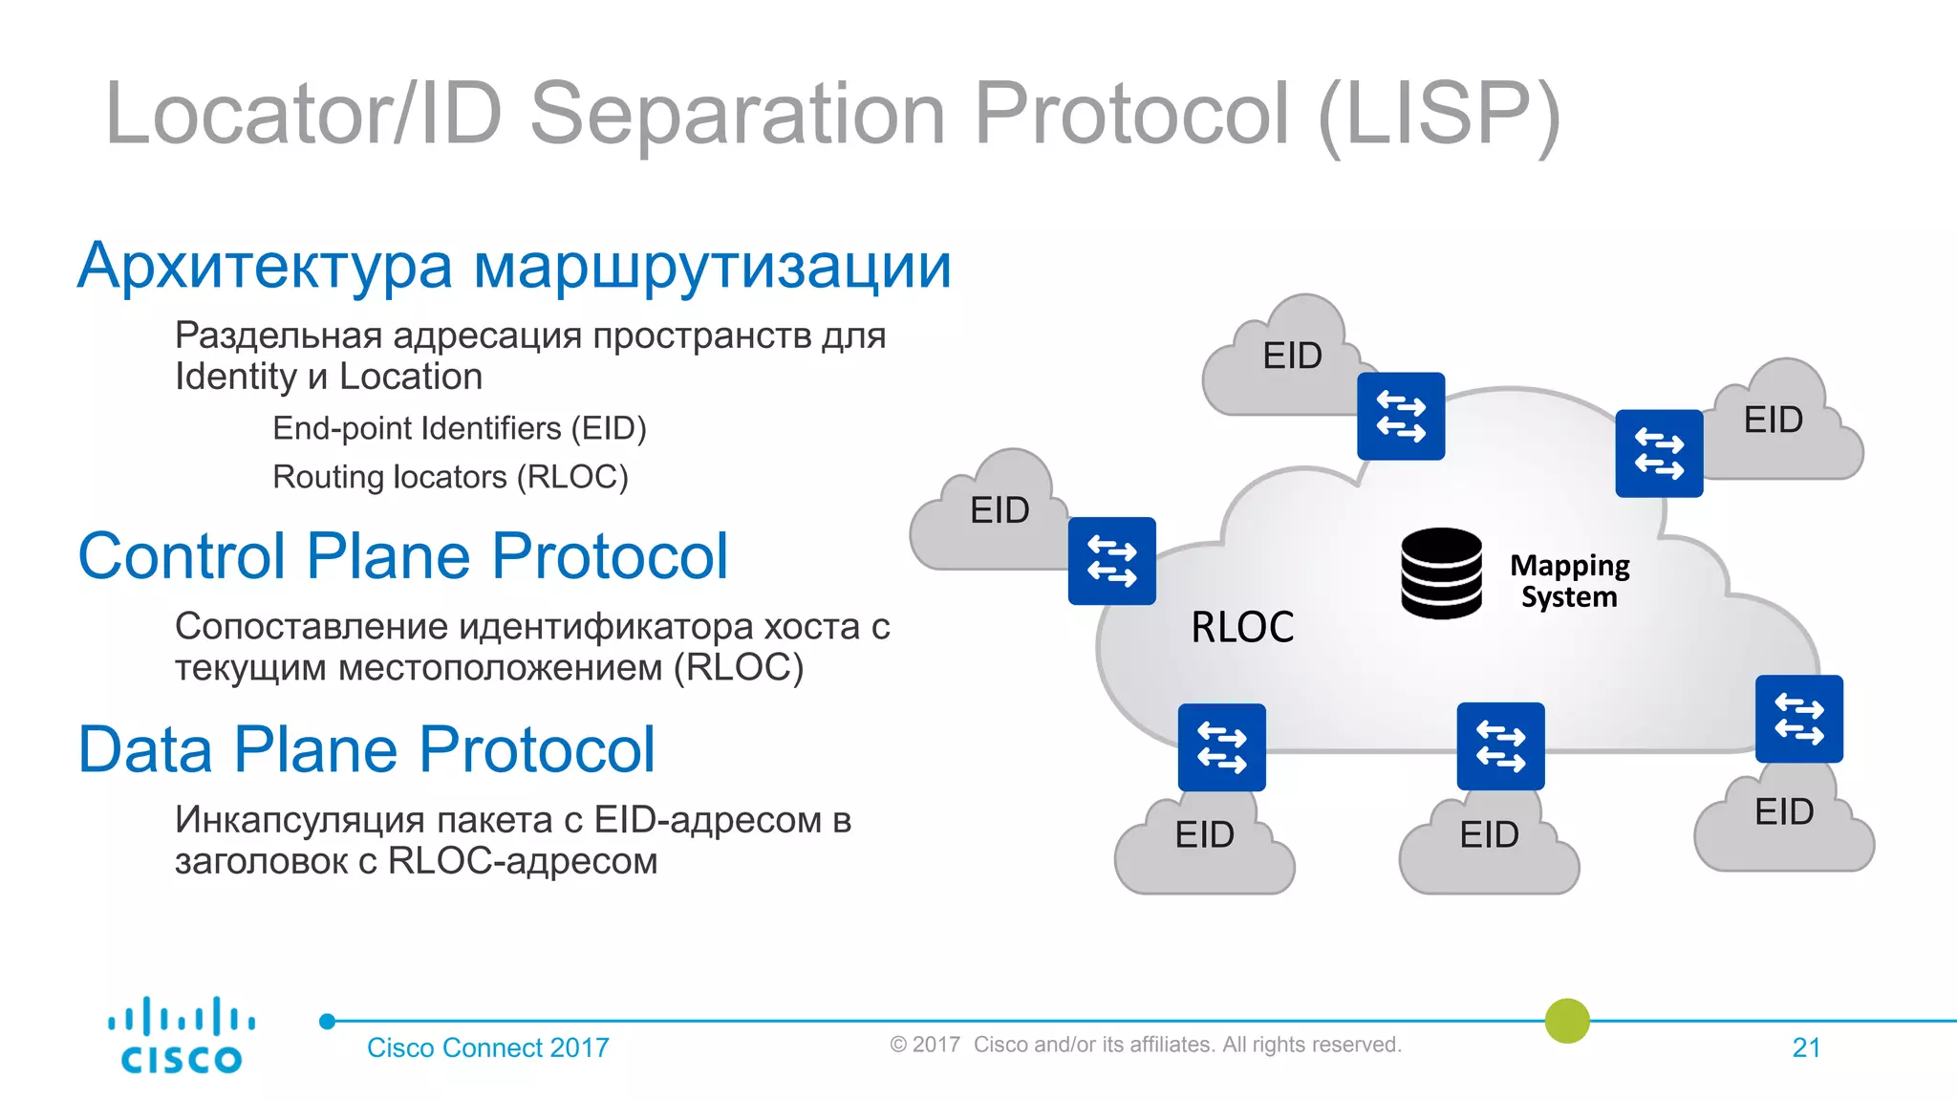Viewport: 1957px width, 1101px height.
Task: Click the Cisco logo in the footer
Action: [x=181, y=1036]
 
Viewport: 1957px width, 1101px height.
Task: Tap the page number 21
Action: [x=1805, y=1047]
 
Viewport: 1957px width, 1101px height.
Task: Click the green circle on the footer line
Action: [x=1566, y=1021]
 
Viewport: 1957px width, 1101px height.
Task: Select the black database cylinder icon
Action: [x=1441, y=572]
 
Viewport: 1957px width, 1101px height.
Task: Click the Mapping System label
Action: [x=1569, y=580]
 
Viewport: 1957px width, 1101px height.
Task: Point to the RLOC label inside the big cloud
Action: [x=1241, y=627]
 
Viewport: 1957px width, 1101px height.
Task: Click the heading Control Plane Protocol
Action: [x=402, y=556]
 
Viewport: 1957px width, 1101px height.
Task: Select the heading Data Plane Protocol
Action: [x=366, y=749]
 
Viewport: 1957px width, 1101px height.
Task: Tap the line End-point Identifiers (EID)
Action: [x=459, y=428]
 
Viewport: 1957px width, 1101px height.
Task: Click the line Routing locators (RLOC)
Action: [x=450, y=477]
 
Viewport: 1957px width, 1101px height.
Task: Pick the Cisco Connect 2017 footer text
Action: [x=487, y=1047]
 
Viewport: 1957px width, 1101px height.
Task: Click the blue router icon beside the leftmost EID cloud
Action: [x=1111, y=561]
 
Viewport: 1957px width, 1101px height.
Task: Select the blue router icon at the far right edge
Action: [x=1798, y=719]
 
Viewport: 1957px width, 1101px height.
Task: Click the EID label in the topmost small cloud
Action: [x=1292, y=356]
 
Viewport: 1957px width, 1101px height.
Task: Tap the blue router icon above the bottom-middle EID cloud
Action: [x=1500, y=746]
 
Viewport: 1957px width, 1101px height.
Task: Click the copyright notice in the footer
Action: [x=1145, y=1045]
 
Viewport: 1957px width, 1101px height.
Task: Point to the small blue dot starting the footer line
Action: [x=328, y=1021]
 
